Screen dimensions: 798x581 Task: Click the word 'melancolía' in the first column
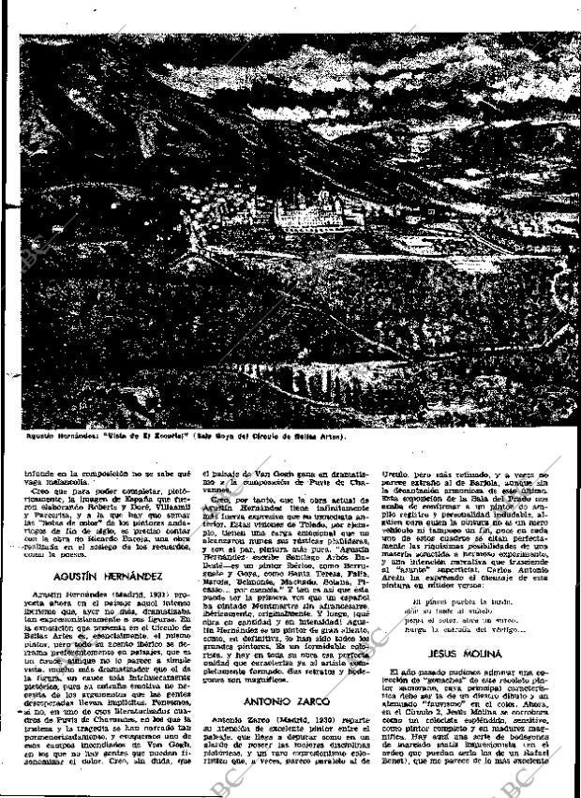[x=62, y=485]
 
